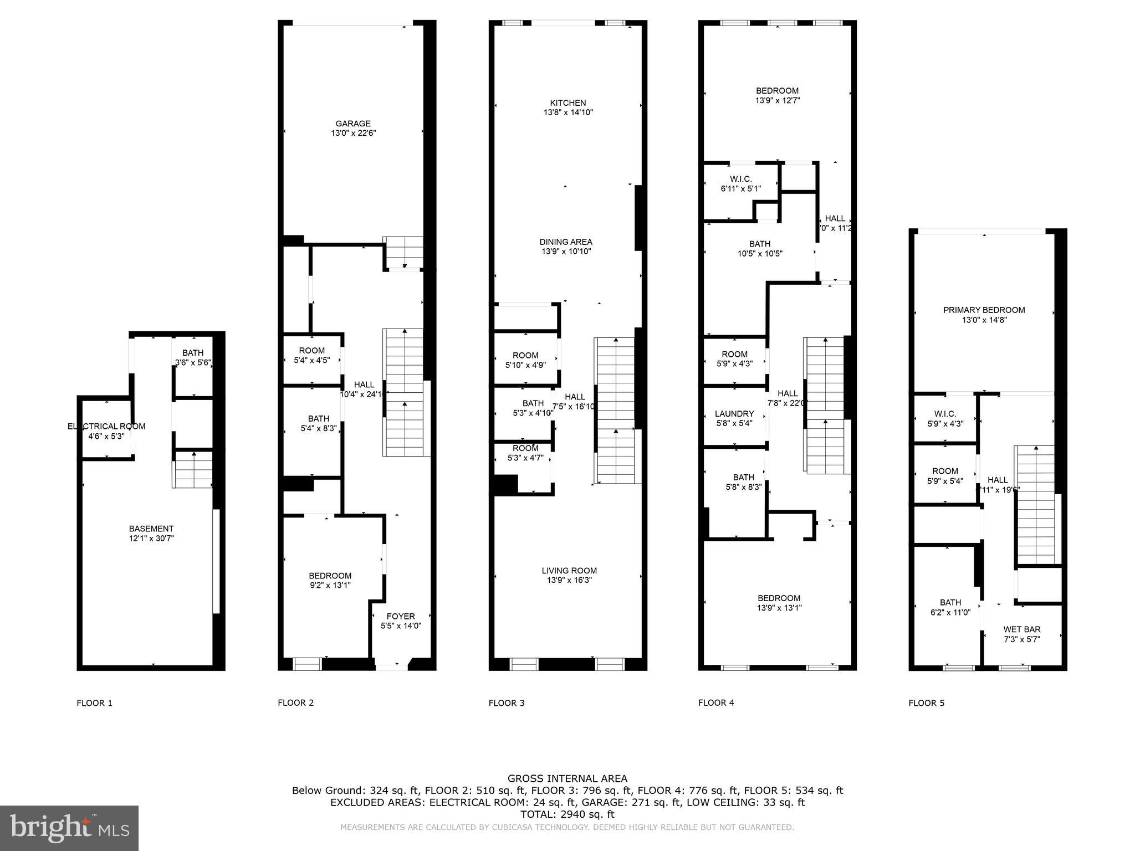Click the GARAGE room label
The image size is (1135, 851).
[353, 124]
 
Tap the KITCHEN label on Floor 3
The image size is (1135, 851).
[567, 102]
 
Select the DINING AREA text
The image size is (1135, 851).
[566, 242]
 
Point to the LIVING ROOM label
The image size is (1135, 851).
[569, 571]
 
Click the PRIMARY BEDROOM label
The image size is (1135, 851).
[984, 310]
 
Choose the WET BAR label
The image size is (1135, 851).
[1021, 629]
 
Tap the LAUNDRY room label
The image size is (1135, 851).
[734, 414]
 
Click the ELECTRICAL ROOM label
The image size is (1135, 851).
[106, 426]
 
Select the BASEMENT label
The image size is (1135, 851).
[151, 529]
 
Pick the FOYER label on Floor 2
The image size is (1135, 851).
[401, 616]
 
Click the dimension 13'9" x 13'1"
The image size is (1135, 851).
[779, 608]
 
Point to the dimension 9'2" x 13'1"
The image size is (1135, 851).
[330, 585]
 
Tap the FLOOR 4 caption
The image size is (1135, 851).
[716, 703]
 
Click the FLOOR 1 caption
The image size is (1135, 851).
[94, 703]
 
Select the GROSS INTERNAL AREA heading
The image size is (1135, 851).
[567, 778]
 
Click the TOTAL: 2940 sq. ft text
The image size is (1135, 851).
[567, 814]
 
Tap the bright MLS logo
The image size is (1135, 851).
[69, 828]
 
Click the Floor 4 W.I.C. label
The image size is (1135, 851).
[740, 179]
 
